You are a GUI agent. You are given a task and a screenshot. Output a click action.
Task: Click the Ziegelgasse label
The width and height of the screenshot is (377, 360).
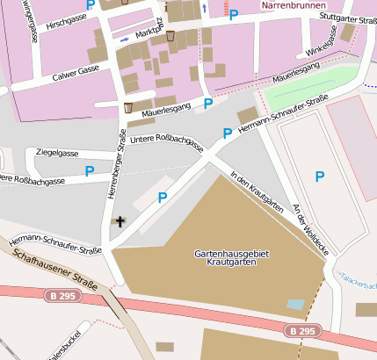coord(57,153)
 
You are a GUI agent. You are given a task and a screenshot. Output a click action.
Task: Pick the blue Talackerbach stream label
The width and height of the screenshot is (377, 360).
coord(360,278)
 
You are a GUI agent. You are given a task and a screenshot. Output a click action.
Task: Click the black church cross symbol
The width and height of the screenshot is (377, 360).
coord(120,222)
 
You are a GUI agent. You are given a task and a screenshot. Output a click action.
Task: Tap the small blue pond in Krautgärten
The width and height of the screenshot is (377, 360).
coord(296,305)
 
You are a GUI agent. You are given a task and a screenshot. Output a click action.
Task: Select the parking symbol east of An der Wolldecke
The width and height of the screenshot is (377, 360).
coord(320,177)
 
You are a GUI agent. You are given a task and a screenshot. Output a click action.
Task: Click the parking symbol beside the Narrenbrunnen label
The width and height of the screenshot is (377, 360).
coord(234,15)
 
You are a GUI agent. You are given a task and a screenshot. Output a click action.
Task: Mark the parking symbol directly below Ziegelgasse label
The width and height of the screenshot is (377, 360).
coord(90,169)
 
